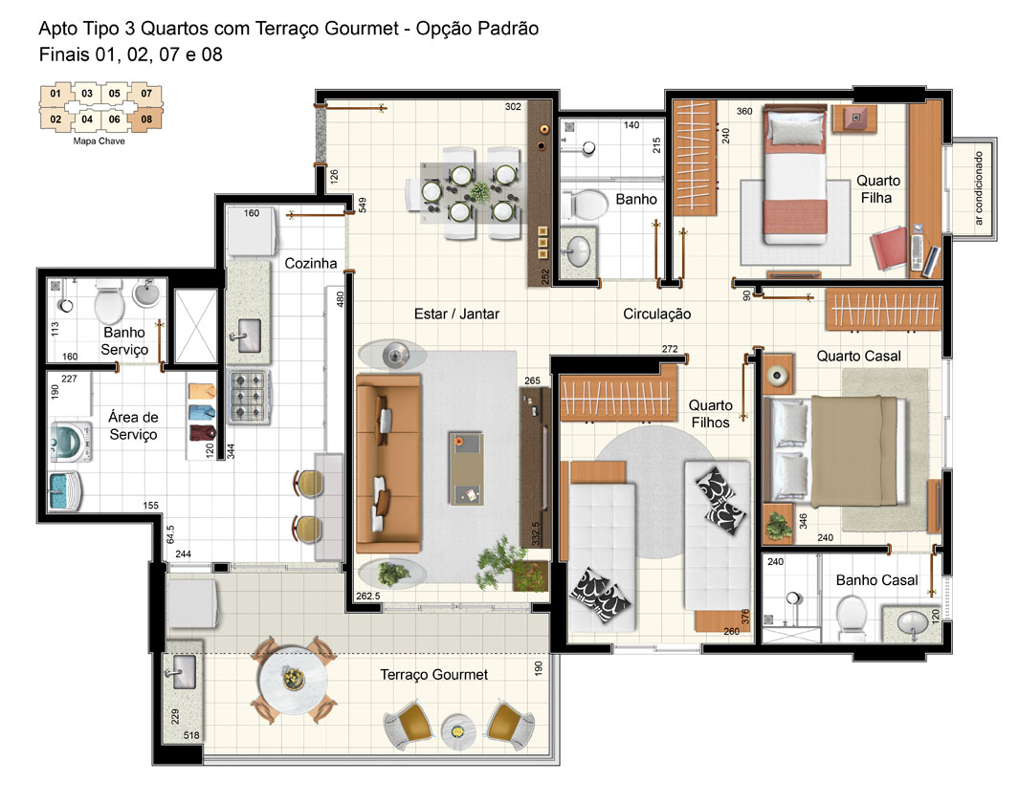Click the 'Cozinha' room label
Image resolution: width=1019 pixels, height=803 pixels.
(311, 263)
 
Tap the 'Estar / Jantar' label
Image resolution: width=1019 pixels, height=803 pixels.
(456, 314)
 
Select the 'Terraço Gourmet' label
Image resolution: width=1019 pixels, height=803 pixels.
(433, 675)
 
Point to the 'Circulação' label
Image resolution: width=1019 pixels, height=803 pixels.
(656, 315)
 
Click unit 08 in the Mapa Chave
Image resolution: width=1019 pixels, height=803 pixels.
(145, 119)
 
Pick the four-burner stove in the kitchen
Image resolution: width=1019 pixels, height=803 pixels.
(248, 397)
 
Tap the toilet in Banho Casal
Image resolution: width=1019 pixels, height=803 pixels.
(851, 618)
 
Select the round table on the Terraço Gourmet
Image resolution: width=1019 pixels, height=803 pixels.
(293, 680)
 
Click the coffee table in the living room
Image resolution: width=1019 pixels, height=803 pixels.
(467, 468)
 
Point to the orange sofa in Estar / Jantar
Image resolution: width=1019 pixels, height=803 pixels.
(388, 462)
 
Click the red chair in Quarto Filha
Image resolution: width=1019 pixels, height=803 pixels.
(888, 248)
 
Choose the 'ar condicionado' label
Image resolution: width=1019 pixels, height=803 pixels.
(978, 188)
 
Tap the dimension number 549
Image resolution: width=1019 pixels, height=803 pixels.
(363, 206)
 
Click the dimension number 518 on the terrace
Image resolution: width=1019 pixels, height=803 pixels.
(191, 735)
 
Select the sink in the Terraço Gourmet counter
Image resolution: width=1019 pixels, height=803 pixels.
(180, 671)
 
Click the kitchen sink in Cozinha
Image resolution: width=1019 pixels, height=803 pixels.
(248, 335)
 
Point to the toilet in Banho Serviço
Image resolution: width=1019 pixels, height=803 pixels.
(109, 301)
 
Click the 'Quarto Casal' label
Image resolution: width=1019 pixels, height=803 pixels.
(858, 356)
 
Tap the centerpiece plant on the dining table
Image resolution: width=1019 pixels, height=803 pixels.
(480, 191)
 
